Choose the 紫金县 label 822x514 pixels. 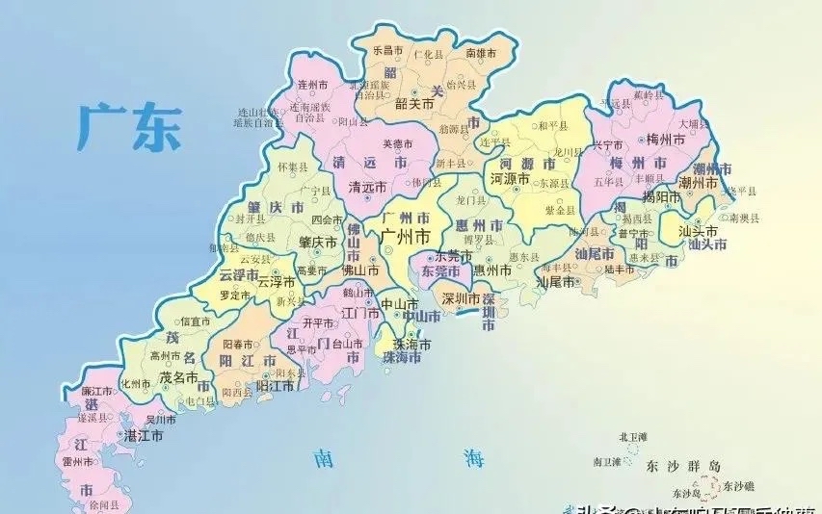pos(561,210)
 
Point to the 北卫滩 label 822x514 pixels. pos(634,438)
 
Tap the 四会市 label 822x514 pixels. pos(328,220)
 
